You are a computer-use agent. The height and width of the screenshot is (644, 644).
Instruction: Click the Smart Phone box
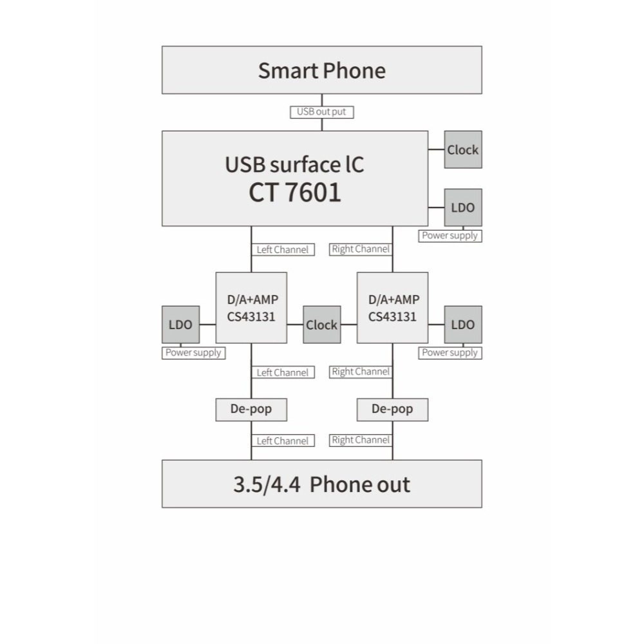pos(321,70)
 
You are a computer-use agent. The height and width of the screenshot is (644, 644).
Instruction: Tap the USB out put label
pos(321,112)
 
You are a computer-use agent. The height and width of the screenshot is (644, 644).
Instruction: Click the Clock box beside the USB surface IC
pos(463,150)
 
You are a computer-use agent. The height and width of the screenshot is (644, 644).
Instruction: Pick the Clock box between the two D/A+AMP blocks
pos(321,325)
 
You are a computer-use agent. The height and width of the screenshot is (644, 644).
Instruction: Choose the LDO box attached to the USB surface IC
pos(463,207)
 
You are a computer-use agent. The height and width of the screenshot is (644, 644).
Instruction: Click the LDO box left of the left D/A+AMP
pos(180,325)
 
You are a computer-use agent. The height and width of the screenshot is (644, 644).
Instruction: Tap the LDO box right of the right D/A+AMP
pos(463,325)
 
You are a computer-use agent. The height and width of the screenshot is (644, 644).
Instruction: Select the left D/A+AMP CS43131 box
pos(251,308)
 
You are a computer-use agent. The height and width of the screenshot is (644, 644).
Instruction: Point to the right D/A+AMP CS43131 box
pos(392,308)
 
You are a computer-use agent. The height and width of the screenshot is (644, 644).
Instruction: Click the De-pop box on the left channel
pos(251,410)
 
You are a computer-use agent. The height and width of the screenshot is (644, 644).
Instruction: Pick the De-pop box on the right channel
pos(392,410)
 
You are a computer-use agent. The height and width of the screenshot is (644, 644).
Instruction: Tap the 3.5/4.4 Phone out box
pos(321,484)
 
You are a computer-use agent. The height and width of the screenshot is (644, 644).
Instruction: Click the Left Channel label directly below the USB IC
pos(282,250)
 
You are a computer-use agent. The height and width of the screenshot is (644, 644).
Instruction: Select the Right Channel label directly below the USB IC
pos(361,249)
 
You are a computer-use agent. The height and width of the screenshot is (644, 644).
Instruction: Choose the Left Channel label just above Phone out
pos(282,441)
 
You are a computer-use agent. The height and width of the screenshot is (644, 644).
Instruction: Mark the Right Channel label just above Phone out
pos(361,440)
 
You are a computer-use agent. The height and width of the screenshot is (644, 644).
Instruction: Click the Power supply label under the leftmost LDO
pos(193,353)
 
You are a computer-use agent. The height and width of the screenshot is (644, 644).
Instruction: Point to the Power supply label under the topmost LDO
pos(450,236)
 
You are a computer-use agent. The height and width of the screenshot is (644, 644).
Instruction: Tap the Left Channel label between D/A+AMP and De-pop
pos(282,372)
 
